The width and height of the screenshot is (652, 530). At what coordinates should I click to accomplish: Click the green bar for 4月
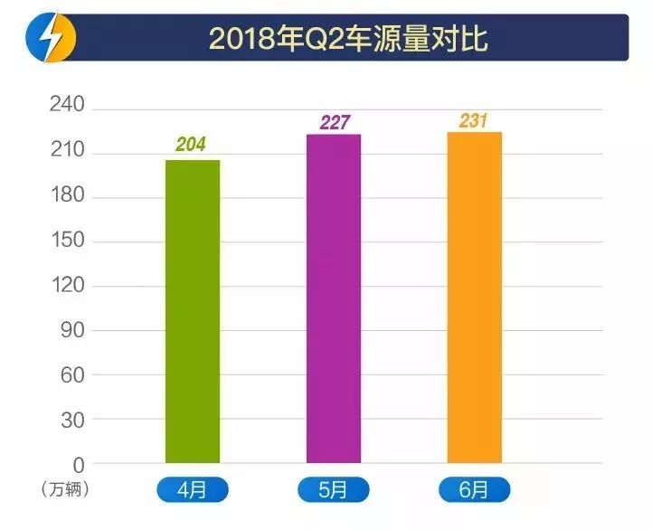point(192,312)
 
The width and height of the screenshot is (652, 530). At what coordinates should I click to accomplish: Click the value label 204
point(192,145)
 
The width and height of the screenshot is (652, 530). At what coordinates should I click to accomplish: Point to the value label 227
point(334,121)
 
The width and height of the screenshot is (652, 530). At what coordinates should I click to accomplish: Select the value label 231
point(474,119)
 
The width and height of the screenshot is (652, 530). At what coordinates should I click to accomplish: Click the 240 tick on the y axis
point(65,106)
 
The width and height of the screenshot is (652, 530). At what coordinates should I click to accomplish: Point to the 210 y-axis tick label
point(65,152)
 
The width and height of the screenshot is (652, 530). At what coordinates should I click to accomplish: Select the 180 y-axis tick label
point(65,197)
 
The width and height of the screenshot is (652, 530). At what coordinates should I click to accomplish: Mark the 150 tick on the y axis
point(65,241)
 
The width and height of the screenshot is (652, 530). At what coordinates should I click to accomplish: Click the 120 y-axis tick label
point(65,286)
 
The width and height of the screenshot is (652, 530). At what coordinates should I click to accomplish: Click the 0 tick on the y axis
point(77,464)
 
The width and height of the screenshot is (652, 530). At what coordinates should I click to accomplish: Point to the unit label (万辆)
point(66,489)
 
